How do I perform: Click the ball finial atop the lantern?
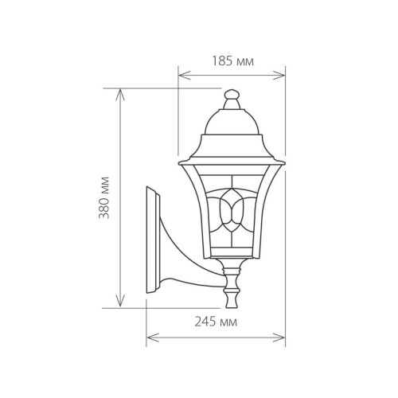231,96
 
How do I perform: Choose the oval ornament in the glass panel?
232,209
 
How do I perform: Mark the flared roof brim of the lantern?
231,159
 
